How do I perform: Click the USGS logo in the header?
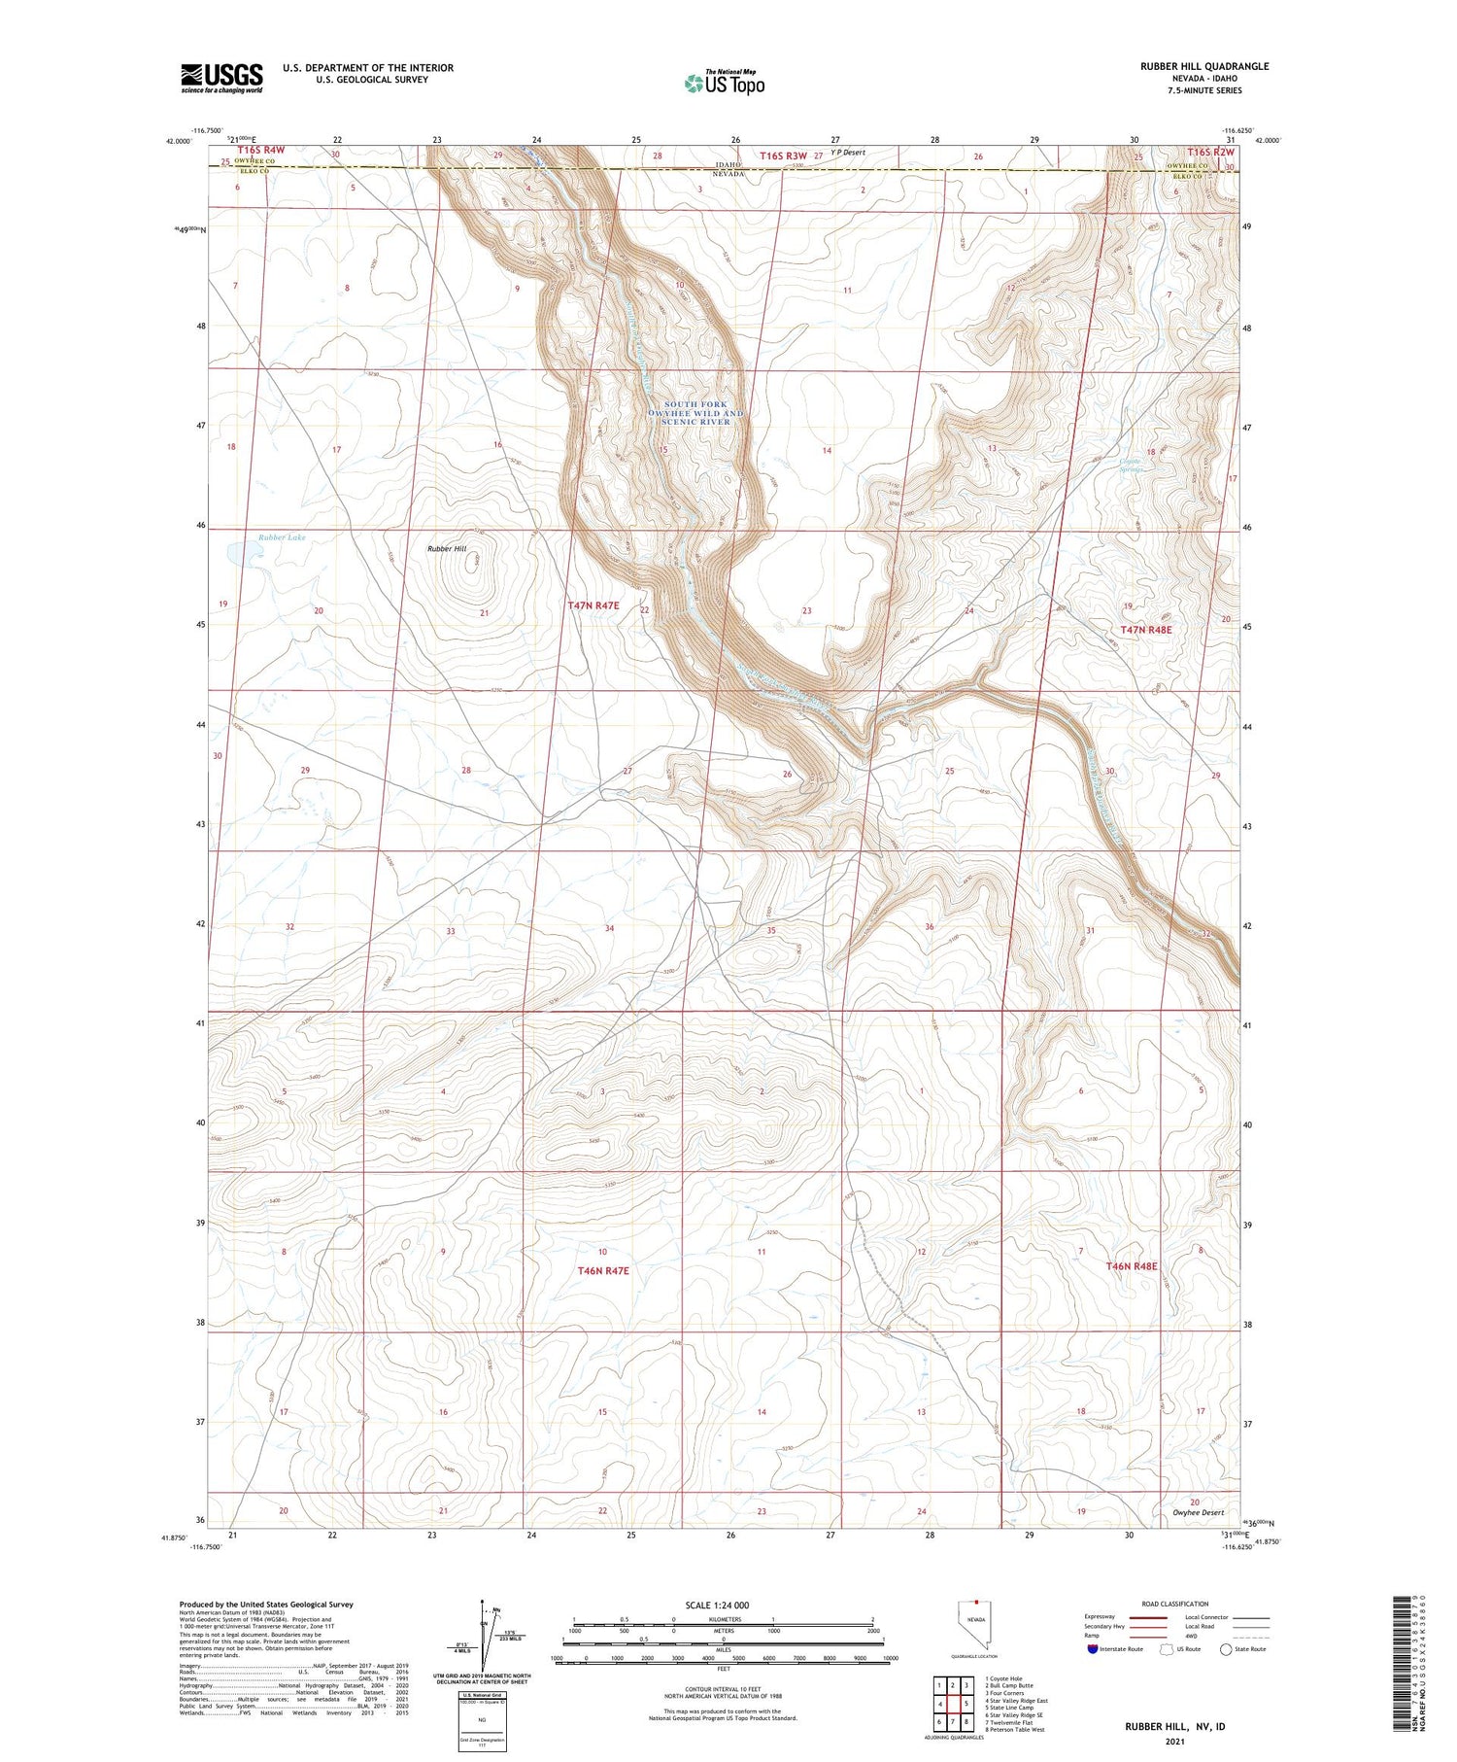coord(221,78)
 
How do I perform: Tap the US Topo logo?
coord(724,84)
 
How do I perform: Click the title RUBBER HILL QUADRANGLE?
coord(1204,66)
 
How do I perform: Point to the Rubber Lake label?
coord(282,537)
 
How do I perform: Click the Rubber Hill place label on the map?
coord(447,549)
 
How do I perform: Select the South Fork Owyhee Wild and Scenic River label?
coord(695,413)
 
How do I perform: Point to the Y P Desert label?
coord(847,153)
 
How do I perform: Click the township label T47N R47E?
coord(593,605)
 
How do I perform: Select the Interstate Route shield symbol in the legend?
coord(1093,1649)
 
